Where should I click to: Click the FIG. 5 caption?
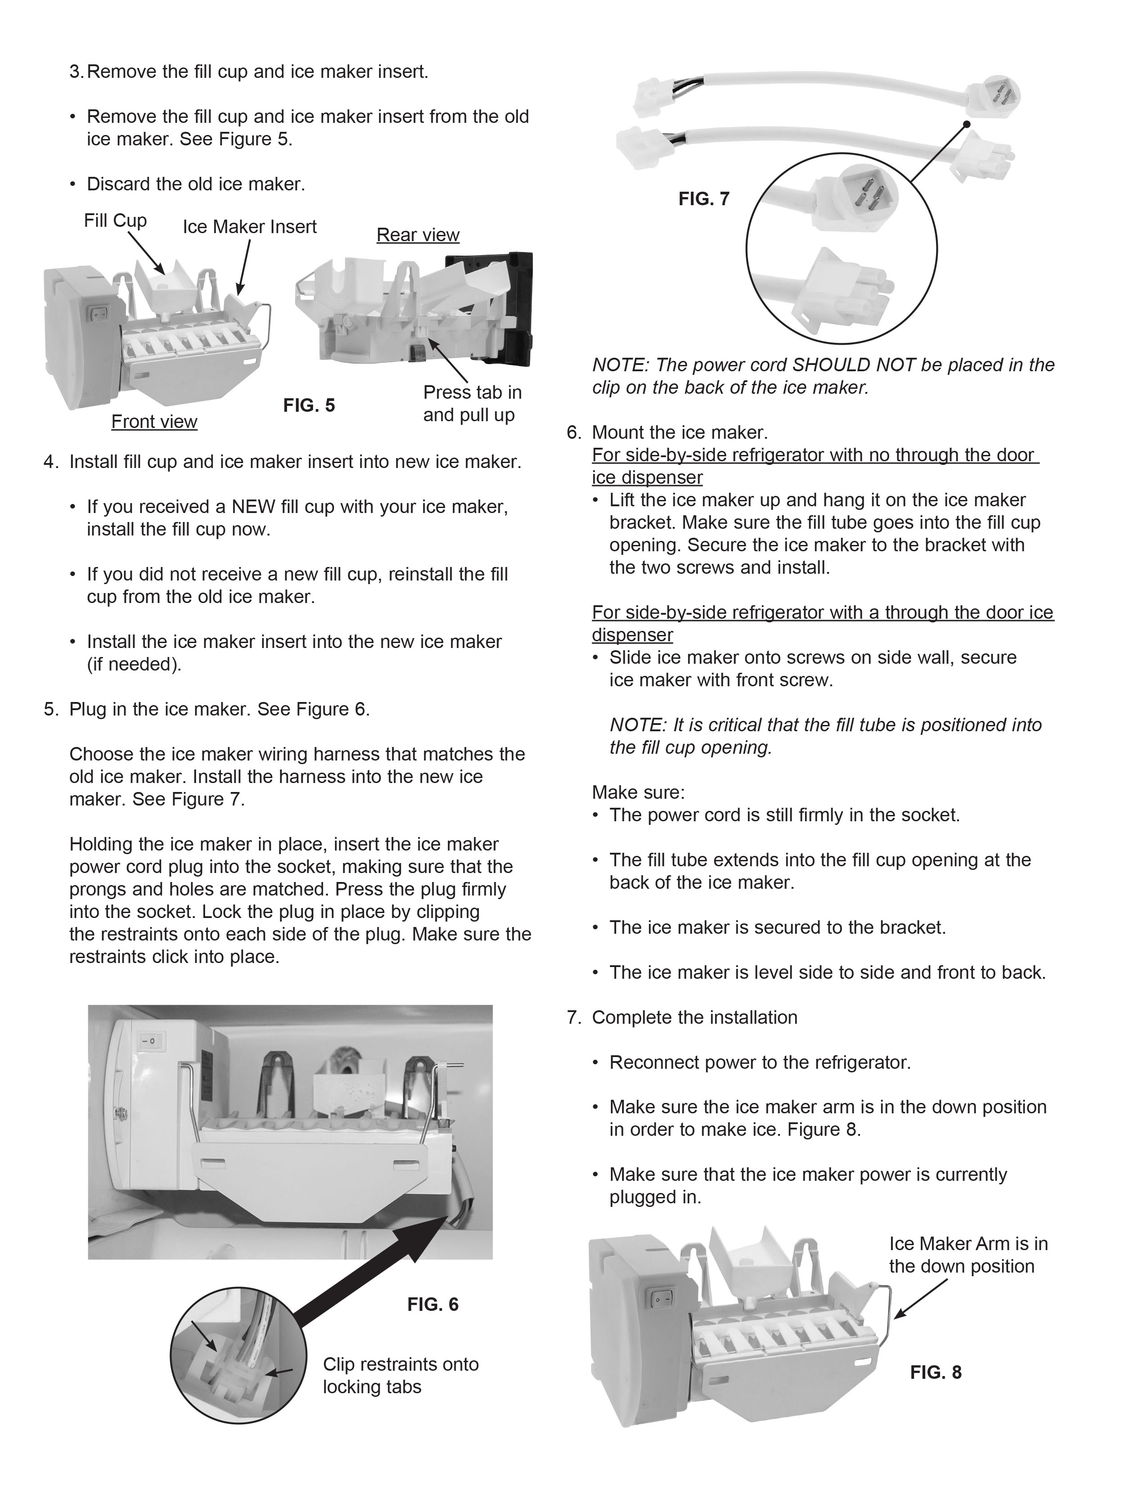(309, 405)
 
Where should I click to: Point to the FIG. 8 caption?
(936, 1372)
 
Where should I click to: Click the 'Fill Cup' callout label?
(116, 220)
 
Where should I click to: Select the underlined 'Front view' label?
(154, 422)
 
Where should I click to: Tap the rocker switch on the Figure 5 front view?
(101, 314)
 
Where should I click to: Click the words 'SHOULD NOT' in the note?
(854, 365)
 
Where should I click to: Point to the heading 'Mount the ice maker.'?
(680, 432)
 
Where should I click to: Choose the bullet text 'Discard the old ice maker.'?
(196, 184)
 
